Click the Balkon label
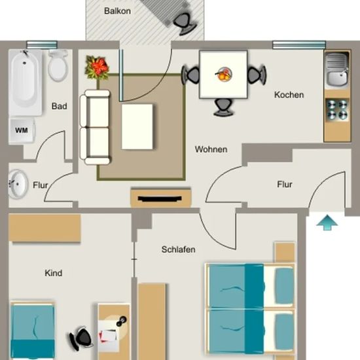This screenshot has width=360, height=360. (117, 11)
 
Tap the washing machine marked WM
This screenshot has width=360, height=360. (22, 131)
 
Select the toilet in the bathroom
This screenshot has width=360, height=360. (58, 65)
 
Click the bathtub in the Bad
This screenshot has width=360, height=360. (26, 82)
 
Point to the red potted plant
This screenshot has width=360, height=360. (98, 67)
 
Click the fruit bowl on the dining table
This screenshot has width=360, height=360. (223, 74)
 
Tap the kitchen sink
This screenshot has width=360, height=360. (337, 69)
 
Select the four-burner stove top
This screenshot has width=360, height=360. (337, 109)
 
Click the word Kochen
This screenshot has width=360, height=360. (289, 95)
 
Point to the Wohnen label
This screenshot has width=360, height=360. (211, 149)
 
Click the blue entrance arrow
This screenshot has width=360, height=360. (327, 223)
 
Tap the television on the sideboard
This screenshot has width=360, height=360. (160, 198)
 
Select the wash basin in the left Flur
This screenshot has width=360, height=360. (18, 185)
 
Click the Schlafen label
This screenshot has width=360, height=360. (179, 249)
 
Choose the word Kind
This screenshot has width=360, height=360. (54, 273)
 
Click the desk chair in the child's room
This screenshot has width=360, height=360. (81, 338)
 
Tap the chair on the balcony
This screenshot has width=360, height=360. (185, 24)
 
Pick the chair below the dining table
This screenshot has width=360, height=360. (223, 107)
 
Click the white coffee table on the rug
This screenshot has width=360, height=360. (137, 127)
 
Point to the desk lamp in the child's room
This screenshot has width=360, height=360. (122, 321)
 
